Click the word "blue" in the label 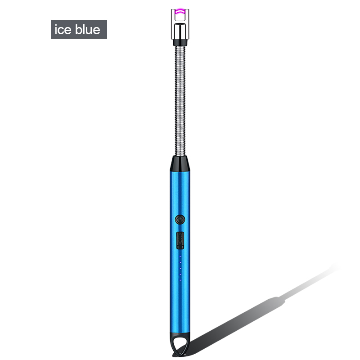pos(88,29)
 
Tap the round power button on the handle pos(180,220)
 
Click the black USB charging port pos(180,240)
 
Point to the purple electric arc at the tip pos(180,11)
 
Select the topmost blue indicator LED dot pos(180,256)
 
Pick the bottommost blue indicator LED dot pos(180,280)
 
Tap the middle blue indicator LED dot pos(180,268)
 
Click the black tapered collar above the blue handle pos(180,164)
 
